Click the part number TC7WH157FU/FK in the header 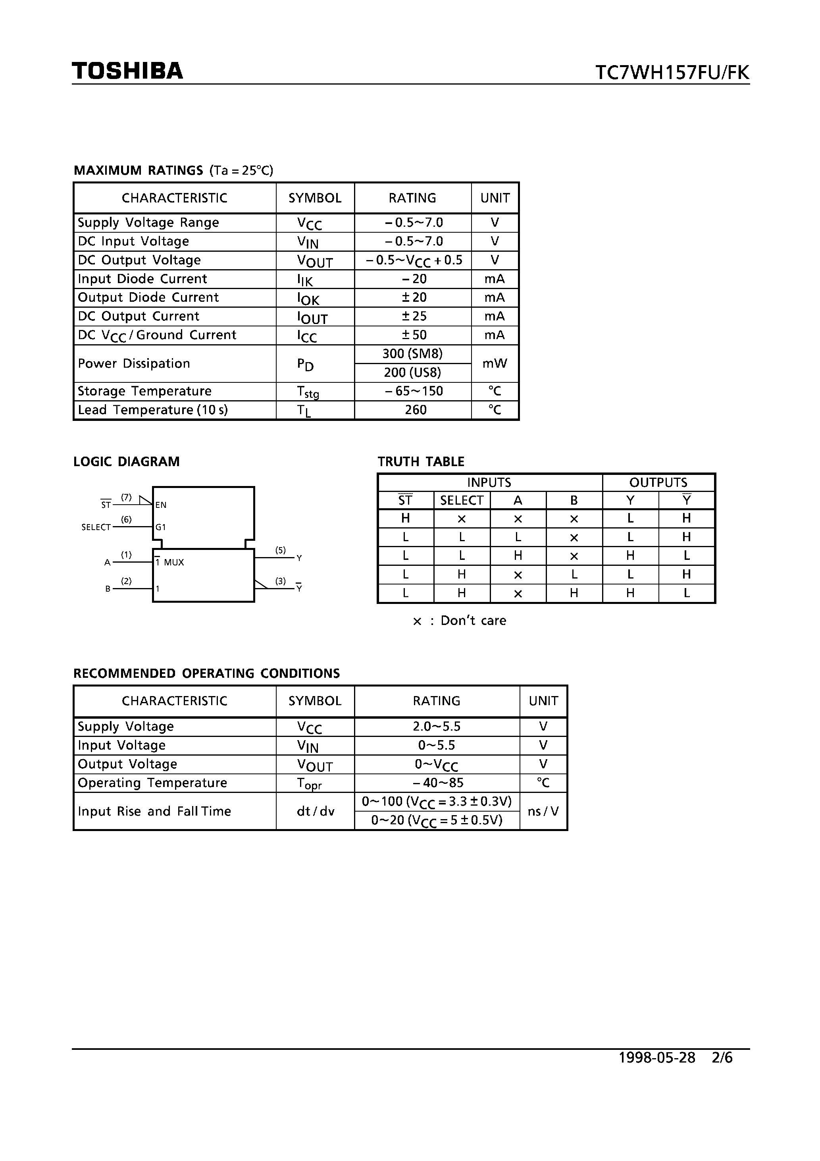[672, 73]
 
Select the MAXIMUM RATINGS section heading [138, 170]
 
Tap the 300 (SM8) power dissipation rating [412, 354]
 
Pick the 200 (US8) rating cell [412, 373]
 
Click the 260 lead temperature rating [416, 410]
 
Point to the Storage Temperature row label [144, 391]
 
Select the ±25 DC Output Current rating [414, 316]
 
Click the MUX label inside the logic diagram [174, 562]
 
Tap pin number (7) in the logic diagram [126, 498]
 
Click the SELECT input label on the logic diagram [96, 527]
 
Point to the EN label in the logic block [161, 505]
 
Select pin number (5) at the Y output [281, 550]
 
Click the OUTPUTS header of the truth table [658, 482]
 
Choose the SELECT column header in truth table [462, 501]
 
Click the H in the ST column [406, 518]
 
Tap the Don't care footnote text [473, 621]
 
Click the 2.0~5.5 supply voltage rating [436, 727]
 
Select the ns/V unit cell [543, 812]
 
